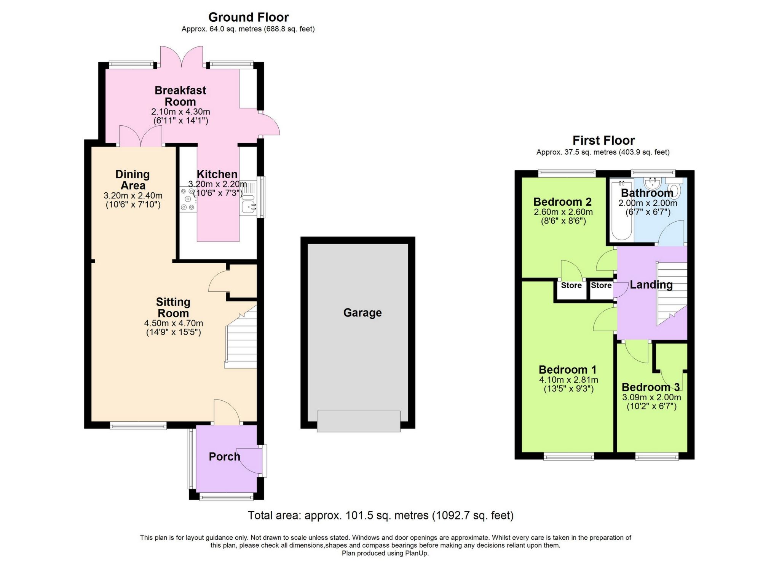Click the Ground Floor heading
(x=248, y=17)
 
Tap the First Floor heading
(x=603, y=141)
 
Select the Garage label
(x=362, y=313)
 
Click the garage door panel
(x=358, y=421)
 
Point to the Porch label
(x=224, y=457)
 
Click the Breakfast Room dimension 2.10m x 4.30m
(x=180, y=112)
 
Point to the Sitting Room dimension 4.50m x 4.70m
(x=173, y=323)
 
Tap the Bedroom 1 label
(x=567, y=370)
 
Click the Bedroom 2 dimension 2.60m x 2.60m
(x=563, y=212)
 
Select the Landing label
(x=651, y=285)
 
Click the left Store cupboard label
(x=571, y=286)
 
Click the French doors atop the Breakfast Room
(x=181, y=58)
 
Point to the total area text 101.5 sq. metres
(x=380, y=516)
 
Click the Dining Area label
(x=132, y=180)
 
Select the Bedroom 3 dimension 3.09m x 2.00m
(x=651, y=398)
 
